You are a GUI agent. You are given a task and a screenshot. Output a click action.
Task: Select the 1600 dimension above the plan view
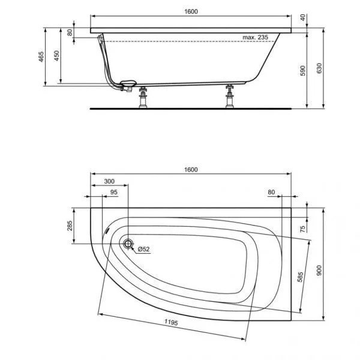click(x=191, y=170)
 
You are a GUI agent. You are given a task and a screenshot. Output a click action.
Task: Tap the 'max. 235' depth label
click(x=254, y=37)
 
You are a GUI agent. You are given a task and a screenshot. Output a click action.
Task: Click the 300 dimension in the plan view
click(x=109, y=181)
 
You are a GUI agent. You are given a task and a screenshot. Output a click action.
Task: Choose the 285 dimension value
click(x=70, y=226)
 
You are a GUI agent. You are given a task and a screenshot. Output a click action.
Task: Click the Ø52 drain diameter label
click(x=143, y=249)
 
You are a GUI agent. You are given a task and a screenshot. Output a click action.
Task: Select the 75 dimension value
click(x=304, y=228)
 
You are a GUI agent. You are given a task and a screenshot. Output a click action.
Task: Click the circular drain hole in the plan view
click(x=128, y=244)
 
